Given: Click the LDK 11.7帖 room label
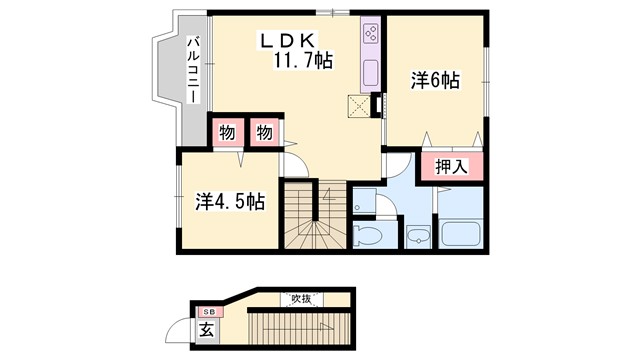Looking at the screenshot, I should click(295, 51).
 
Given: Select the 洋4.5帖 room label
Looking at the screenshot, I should click(229, 201).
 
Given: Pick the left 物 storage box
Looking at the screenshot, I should click(226, 132).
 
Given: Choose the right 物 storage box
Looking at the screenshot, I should click(264, 132).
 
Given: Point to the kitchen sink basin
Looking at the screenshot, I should click(369, 73).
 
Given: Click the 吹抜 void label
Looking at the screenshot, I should click(300, 299).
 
